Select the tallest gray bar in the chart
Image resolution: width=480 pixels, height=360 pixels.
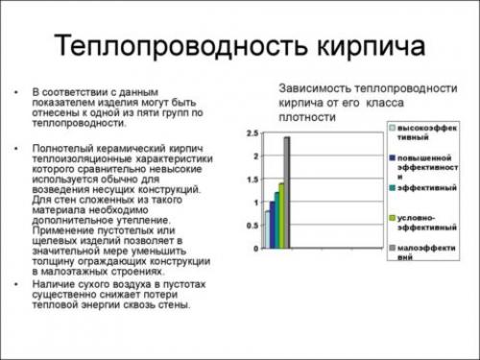tap(286, 192)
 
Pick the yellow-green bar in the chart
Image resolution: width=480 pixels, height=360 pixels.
tap(281, 215)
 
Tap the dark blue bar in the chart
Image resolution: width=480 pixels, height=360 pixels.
tap(271, 224)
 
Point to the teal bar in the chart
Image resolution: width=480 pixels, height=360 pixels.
tap(276, 219)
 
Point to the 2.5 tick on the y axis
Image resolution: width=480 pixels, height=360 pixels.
tap(252, 132)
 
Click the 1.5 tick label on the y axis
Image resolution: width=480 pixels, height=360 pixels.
tap(252, 179)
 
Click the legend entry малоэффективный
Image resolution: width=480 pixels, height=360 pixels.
tap(428, 253)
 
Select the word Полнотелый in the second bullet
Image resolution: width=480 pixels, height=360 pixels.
tap(63, 149)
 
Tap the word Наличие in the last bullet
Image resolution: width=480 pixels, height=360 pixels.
tap(54, 284)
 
